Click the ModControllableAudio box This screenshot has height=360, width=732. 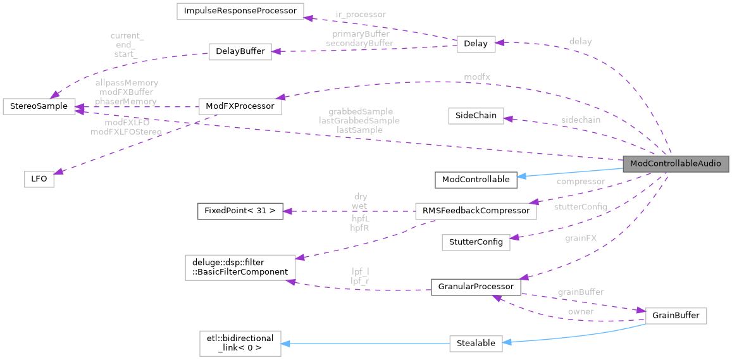(676, 164)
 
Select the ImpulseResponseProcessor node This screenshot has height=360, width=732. (240, 11)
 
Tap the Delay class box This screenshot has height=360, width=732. (476, 44)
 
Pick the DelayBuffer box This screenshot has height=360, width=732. (240, 52)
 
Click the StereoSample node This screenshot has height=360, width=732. (39, 106)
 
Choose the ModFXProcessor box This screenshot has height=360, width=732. (240, 106)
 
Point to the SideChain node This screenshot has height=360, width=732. (476, 116)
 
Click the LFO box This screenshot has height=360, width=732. (39, 179)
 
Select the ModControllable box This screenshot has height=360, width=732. (476, 179)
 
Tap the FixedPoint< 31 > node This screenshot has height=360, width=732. (240, 211)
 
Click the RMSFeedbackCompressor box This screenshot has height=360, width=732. (476, 211)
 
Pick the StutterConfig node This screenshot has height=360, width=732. (476, 242)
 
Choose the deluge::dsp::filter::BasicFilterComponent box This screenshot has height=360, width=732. (240, 266)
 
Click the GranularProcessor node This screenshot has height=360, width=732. (476, 287)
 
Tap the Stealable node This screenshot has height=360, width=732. (476, 344)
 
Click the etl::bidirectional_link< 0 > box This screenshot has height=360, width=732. (240, 342)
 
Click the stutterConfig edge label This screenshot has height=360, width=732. (580, 207)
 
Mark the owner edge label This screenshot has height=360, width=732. (580, 311)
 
